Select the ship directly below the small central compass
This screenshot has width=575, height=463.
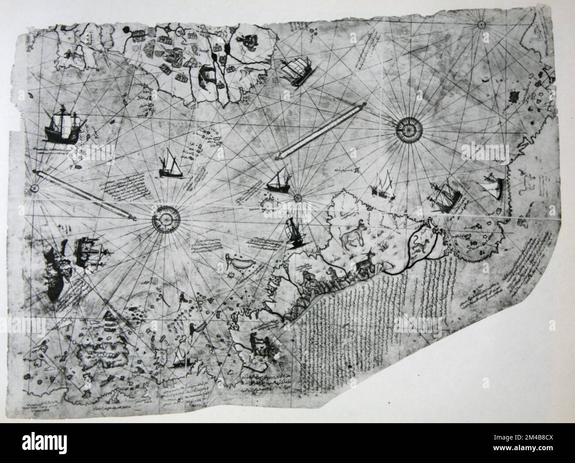coord(294,232)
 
